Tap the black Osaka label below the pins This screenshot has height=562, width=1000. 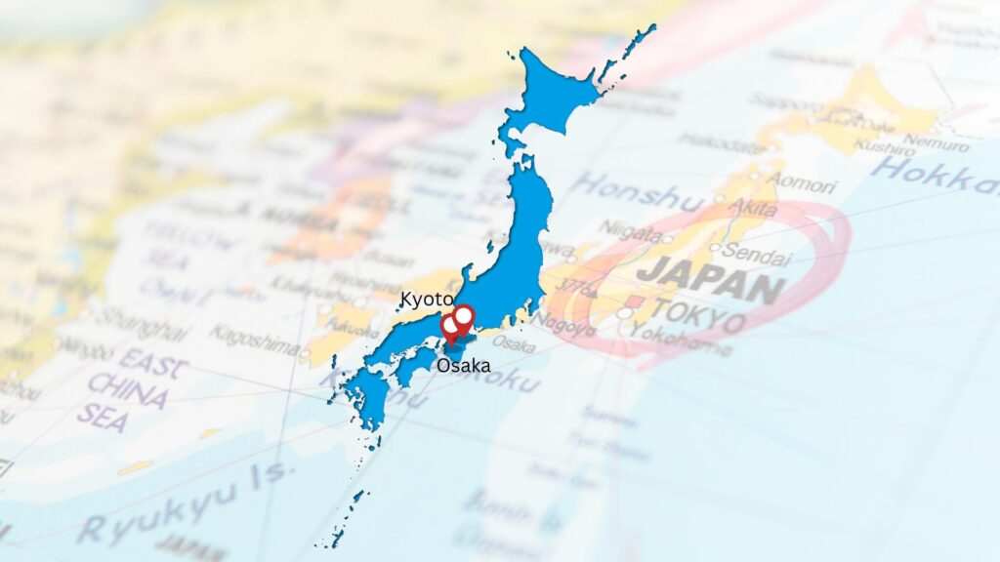pyautogui.click(x=464, y=366)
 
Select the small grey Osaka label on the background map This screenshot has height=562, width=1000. pyautogui.click(x=513, y=342)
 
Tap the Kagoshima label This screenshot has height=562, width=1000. pyautogui.click(x=253, y=339)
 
